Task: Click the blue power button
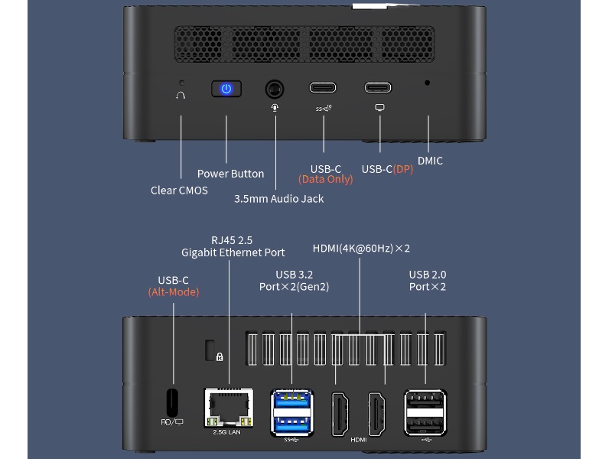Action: (226, 89)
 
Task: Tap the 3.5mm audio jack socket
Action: (275, 90)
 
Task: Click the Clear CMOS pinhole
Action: (181, 82)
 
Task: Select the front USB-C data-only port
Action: (324, 88)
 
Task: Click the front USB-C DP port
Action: (379, 88)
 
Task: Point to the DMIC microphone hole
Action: (427, 82)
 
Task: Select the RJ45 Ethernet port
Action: (228, 408)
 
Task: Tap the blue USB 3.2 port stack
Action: (292, 412)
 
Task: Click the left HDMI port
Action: (340, 414)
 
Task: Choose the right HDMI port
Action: (377, 414)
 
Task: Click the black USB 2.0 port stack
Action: (425, 412)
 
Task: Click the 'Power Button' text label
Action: (230, 174)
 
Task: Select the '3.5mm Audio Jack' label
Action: (278, 199)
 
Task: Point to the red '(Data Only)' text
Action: (325, 180)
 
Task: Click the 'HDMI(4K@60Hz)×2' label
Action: (361, 249)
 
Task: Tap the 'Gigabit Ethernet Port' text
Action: (233, 252)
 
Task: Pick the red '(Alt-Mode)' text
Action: (173, 292)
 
